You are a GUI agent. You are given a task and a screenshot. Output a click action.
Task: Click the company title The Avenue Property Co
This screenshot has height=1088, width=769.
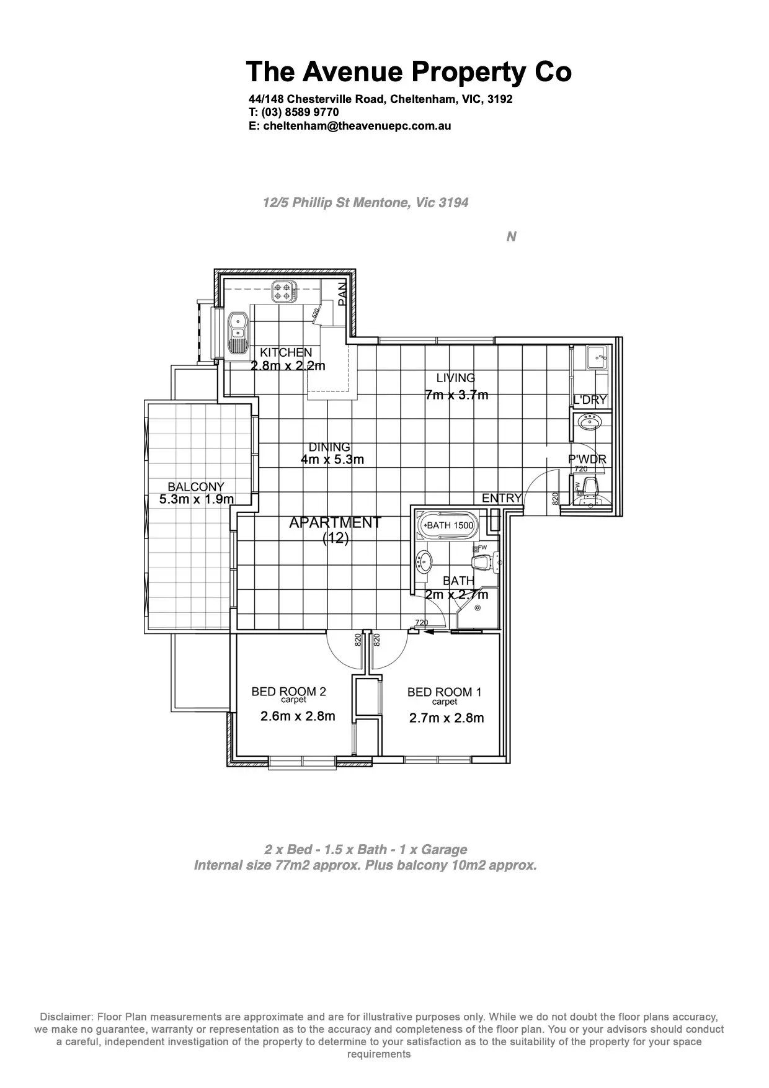pyautogui.click(x=408, y=72)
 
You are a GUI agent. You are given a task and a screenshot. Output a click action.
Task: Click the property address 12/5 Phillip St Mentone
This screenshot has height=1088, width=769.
pyautogui.click(x=365, y=203)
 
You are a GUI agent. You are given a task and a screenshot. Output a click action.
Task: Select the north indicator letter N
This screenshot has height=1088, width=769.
pyautogui.click(x=511, y=237)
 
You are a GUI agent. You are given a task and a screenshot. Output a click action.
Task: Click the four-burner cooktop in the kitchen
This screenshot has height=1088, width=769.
pyautogui.click(x=283, y=291)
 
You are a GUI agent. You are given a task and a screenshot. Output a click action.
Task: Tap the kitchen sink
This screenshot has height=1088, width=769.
pyautogui.click(x=237, y=333)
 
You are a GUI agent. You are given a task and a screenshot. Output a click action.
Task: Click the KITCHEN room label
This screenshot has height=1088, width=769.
pyautogui.click(x=286, y=352)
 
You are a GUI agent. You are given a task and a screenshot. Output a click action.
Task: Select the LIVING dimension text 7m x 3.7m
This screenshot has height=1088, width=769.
pyautogui.click(x=456, y=395)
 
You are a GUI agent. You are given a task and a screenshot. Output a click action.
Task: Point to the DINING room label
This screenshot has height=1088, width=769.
pyautogui.click(x=329, y=447)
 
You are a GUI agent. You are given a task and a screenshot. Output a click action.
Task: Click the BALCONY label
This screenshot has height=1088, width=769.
pyautogui.click(x=196, y=487)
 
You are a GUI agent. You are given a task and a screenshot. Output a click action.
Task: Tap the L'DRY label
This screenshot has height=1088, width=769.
pyautogui.click(x=590, y=400)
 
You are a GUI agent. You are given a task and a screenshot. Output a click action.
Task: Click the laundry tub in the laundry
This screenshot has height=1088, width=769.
pyautogui.click(x=597, y=358)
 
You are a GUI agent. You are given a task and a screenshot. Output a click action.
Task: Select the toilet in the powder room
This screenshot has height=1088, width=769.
pyautogui.click(x=589, y=490)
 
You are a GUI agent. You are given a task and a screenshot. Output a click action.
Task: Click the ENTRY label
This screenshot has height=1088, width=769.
pyautogui.click(x=502, y=498)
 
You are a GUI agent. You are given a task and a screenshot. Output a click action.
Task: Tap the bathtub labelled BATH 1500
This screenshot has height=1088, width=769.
pyautogui.click(x=445, y=525)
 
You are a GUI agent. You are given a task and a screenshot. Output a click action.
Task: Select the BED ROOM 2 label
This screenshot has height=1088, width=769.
pyautogui.click(x=288, y=692)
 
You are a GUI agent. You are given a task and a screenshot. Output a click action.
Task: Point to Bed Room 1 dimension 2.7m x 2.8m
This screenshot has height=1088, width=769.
pyautogui.click(x=447, y=718)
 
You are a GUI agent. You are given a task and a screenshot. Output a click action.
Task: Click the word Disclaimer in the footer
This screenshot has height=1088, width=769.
pyautogui.click(x=64, y=1017)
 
